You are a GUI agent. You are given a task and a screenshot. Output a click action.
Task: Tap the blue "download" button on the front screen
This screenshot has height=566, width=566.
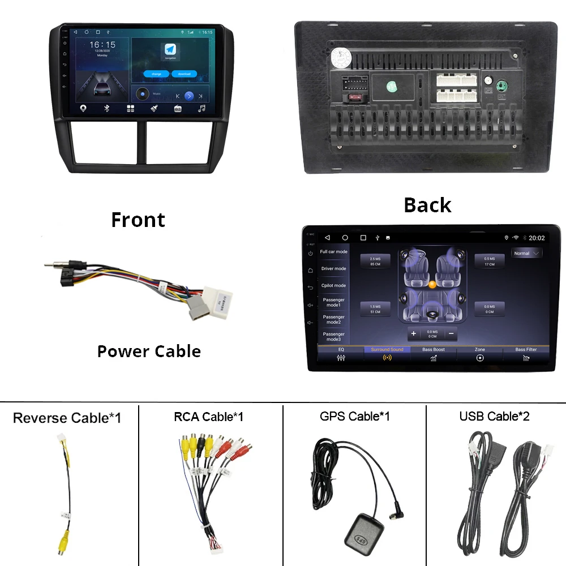click(184, 74)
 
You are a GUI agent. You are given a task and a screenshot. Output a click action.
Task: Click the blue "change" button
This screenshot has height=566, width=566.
click(156, 74)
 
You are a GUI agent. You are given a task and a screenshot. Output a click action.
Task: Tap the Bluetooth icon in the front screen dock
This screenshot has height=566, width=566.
click(107, 108)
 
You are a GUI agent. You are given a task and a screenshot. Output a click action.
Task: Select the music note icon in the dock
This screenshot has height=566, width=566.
click(201, 108)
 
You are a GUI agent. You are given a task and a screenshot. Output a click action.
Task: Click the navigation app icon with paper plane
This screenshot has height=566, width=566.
click(170, 49)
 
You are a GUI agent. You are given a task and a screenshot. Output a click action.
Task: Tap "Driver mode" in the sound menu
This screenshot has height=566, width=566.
click(333, 269)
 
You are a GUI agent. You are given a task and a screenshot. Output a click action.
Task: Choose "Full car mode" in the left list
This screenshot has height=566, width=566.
click(333, 252)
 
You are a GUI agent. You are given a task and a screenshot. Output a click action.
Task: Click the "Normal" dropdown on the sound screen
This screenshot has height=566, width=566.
click(526, 253)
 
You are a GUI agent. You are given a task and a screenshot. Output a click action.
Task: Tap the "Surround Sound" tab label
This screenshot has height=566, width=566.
click(387, 350)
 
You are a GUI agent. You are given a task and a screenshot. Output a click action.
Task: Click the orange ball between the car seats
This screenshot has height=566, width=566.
click(432, 284)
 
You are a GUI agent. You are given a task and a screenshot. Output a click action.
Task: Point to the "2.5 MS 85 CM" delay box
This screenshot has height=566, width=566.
click(375, 261)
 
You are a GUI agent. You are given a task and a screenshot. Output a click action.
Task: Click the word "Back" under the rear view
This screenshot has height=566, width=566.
click(427, 205)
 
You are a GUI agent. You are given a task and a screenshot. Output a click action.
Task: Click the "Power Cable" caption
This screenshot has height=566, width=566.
click(149, 351)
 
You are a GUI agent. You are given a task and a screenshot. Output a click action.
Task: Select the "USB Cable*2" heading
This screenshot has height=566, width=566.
click(495, 417)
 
